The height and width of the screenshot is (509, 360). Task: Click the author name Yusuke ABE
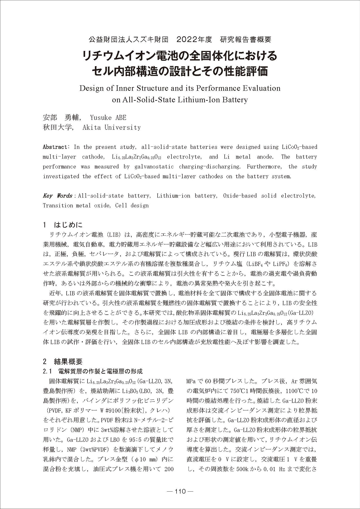[108, 118]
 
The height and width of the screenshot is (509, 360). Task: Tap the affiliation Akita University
[111, 127]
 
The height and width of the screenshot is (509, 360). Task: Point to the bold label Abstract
[55, 147]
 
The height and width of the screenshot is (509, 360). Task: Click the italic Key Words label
[57, 196]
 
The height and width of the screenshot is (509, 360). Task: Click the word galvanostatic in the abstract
[154, 167]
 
